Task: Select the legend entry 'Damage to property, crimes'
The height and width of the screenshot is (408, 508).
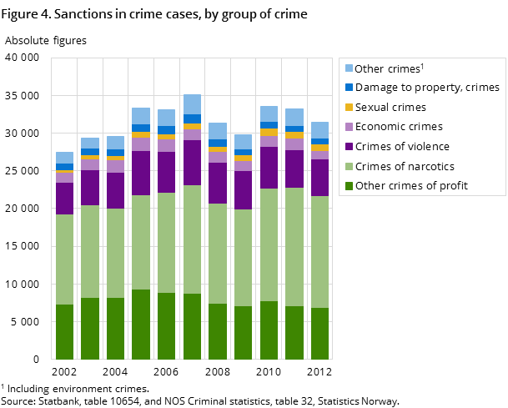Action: (x=426, y=88)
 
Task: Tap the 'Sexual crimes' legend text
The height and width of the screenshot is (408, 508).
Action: (x=390, y=108)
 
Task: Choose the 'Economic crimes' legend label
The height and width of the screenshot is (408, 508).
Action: (x=398, y=127)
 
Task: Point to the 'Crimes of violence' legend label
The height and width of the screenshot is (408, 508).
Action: (x=403, y=147)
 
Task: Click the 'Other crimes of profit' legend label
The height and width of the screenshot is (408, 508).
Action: (x=410, y=186)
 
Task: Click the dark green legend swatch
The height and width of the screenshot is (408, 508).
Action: (x=348, y=186)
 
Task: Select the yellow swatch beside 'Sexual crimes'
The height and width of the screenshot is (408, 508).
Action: (x=348, y=108)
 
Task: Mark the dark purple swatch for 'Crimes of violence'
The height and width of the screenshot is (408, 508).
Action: (x=348, y=147)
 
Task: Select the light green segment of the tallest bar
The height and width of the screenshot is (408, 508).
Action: (x=192, y=239)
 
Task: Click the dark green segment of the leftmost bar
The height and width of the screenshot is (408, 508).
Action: (x=64, y=331)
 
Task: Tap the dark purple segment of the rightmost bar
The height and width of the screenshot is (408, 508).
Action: (x=319, y=177)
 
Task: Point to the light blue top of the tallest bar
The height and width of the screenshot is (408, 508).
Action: (x=192, y=104)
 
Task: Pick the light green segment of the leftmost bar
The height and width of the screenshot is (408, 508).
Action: (x=64, y=259)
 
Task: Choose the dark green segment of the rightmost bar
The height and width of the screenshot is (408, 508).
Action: (x=319, y=333)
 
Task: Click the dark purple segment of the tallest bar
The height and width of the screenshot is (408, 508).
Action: (x=192, y=162)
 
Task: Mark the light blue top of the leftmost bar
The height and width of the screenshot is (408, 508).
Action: (x=64, y=158)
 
